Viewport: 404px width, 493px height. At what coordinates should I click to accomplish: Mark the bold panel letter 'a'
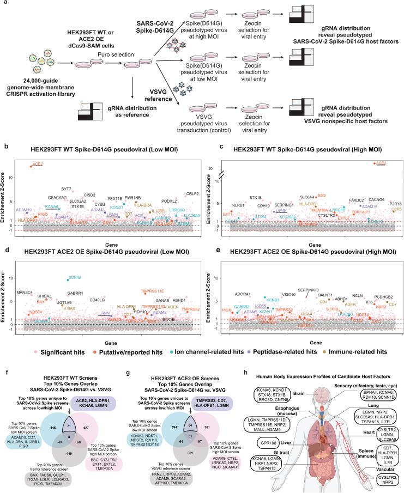4,4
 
